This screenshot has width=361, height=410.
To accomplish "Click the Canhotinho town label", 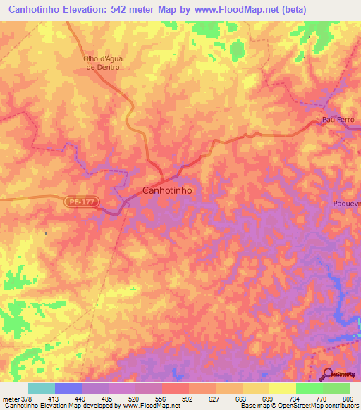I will click(x=167, y=190).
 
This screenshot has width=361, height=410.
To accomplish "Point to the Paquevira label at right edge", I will click(x=346, y=204).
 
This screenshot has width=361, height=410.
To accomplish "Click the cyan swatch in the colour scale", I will click(x=42, y=388).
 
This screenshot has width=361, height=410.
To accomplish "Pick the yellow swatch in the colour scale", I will click(x=283, y=388).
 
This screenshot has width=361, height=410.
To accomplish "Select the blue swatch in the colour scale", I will click(x=68, y=388).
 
